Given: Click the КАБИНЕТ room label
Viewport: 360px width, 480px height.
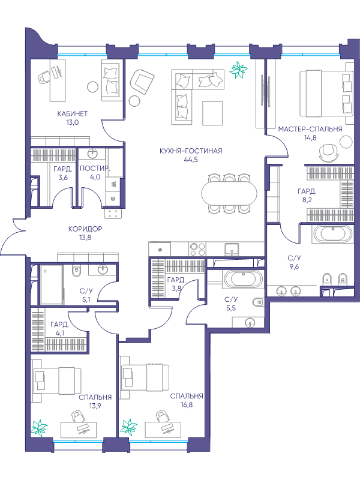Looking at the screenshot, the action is point(72,113).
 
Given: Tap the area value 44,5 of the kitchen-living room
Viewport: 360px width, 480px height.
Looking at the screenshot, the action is point(191,159).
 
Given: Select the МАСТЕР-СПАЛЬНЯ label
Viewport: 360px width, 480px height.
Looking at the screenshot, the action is point(310,129).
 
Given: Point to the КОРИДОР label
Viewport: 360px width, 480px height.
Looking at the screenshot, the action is point(85,229).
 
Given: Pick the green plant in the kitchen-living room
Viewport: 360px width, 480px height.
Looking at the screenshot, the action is point(238,70).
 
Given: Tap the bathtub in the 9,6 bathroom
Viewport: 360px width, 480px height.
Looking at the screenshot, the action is point(332,234).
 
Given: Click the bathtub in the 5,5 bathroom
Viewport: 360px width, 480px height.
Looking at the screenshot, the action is point(244,279).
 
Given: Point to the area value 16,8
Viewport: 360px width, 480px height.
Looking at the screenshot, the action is point(187,404).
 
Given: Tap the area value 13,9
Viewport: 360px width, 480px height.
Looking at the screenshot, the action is point(95,406).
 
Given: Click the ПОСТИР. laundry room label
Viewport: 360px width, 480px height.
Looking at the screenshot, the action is point(95,169).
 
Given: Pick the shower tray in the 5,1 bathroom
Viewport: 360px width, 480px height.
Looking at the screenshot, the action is point(52,284).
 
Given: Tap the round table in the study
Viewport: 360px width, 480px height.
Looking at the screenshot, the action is point(93,86).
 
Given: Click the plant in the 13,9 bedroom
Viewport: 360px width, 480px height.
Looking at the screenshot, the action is point(39,427).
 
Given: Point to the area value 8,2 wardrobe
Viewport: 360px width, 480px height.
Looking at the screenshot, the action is point(307,200).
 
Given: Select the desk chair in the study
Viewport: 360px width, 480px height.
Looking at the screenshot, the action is point(44,77).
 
